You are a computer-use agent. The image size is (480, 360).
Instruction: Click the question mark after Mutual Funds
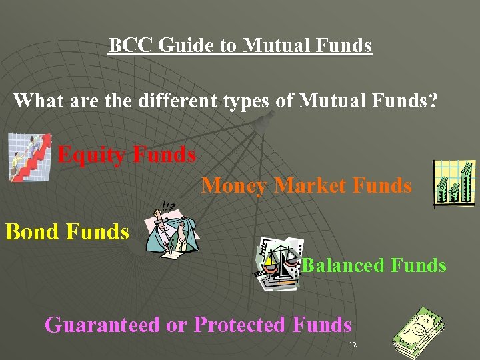[433, 101]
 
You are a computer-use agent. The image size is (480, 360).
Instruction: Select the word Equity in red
[91, 155]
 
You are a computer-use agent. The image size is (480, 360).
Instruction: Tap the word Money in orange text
[234, 185]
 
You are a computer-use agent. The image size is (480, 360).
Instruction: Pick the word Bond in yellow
[32, 232]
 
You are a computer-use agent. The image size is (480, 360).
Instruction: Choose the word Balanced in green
[343, 265]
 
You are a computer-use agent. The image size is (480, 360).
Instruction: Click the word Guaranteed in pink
[102, 325]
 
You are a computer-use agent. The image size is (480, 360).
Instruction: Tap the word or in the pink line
[177, 326]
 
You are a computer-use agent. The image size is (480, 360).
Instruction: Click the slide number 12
[353, 345]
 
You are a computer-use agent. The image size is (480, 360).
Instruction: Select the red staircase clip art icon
[29, 157]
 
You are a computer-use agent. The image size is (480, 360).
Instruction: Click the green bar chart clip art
[454, 183]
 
